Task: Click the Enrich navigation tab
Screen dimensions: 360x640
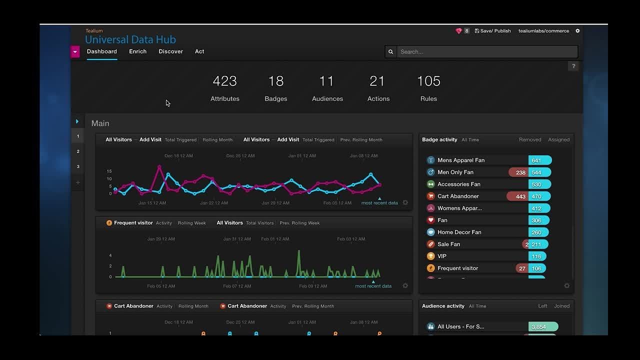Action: click(137, 51)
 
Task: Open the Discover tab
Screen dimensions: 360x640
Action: click(170, 51)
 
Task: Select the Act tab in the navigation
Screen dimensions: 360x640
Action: click(199, 51)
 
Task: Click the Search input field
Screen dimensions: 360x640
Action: click(487, 51)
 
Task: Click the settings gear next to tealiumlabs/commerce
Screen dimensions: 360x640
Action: click(577, 31)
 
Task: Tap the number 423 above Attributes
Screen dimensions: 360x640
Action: click(224, 81)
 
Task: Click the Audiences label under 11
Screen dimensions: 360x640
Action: click(327, 99)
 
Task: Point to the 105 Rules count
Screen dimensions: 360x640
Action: click(428, 81)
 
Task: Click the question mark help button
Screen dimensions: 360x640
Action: click(573, 66)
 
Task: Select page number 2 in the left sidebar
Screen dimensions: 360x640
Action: click(78, 151)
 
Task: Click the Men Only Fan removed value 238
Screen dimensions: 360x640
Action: click(520, 172)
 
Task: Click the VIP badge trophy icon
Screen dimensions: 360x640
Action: click(430, 256)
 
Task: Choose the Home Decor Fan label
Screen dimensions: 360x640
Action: click(459, 232)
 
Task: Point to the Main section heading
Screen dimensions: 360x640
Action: click(100, 123)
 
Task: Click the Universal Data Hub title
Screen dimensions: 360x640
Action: click(130, 39)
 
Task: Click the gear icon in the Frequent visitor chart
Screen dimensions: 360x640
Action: click(405, 286)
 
